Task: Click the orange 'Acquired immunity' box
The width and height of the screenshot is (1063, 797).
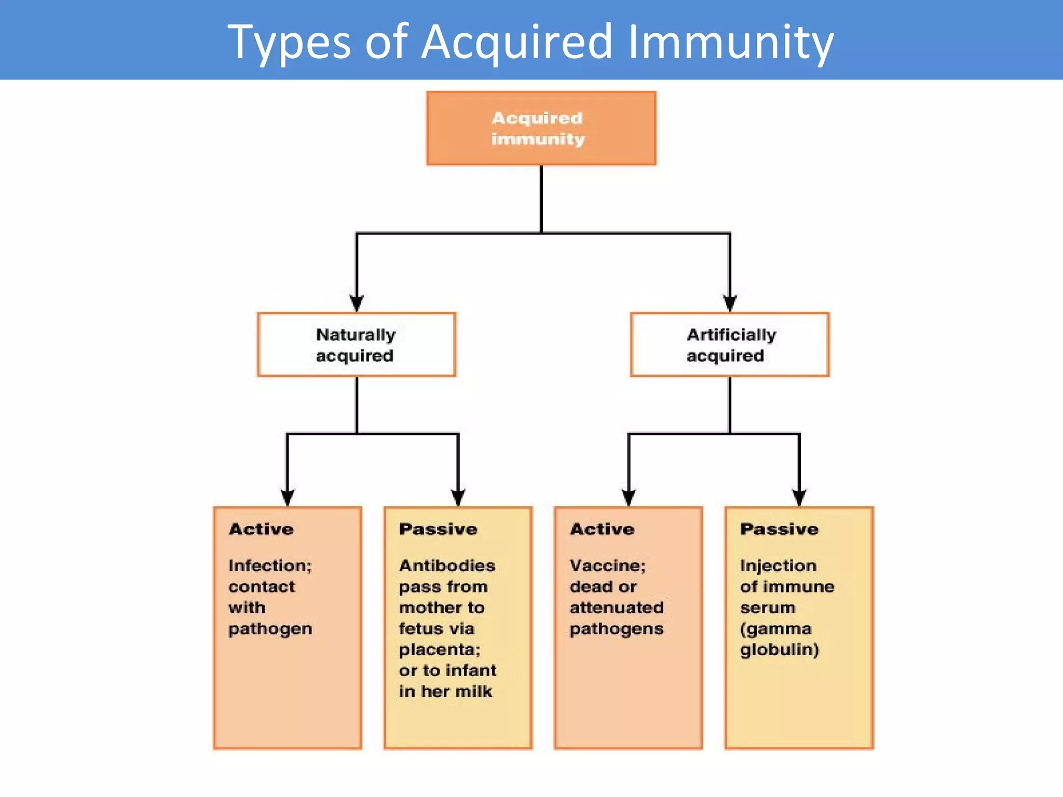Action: [541, 128]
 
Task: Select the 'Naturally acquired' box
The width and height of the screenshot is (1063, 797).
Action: [356, 345]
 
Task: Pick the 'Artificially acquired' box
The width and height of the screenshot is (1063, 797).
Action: [729, 345]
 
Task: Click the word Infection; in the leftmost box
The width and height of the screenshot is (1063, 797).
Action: [270, 566]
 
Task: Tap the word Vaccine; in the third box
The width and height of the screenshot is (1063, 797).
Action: [607, 566]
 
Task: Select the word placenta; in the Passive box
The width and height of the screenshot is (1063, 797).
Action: [440, 650]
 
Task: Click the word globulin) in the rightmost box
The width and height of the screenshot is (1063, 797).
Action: [779, 650]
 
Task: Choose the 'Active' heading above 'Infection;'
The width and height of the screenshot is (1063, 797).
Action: [261, 529]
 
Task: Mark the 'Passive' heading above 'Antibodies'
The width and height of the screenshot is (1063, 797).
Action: [438, 529]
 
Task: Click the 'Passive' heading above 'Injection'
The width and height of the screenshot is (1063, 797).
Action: [779, 529]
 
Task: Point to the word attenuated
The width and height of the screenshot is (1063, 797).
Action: [617, 608]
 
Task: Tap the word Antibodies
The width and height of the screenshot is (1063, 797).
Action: [447, 566]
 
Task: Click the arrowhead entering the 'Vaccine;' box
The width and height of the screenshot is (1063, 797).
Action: [629, 497]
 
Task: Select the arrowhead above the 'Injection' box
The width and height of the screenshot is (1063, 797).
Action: [799, 497]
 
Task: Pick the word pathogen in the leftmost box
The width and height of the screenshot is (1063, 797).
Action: [270, 629]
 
